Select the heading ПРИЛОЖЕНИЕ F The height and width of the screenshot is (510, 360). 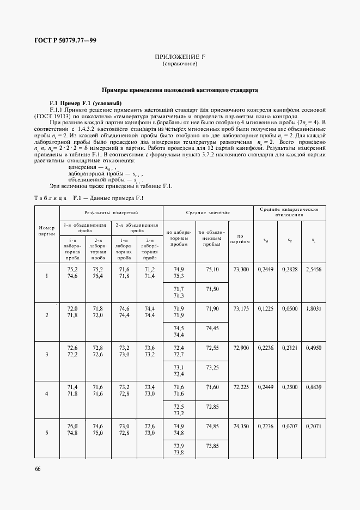tap(180, 57)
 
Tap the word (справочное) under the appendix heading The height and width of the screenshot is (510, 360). tap(180, 64)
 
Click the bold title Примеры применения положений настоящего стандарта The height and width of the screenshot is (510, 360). tap(180, 90)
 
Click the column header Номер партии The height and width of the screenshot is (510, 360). tap(46, 231)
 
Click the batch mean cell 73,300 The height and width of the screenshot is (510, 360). tap(241, 270)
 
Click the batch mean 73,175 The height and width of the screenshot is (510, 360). tap(241, 308)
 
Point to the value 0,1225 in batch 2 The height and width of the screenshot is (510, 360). tap(265, 308)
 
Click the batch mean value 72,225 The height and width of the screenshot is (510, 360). tap(241, 386)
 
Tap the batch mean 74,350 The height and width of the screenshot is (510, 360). tap(241, 426)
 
